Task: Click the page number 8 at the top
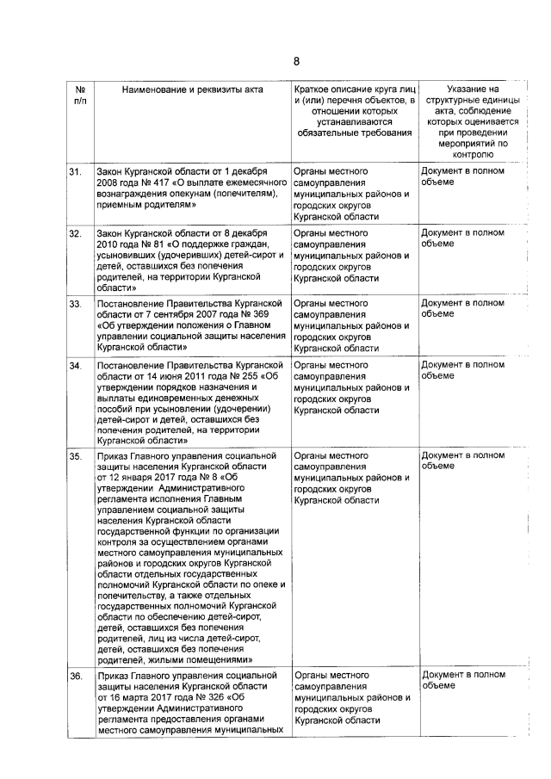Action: click(295, 61)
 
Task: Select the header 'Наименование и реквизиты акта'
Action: click(192, 89)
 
